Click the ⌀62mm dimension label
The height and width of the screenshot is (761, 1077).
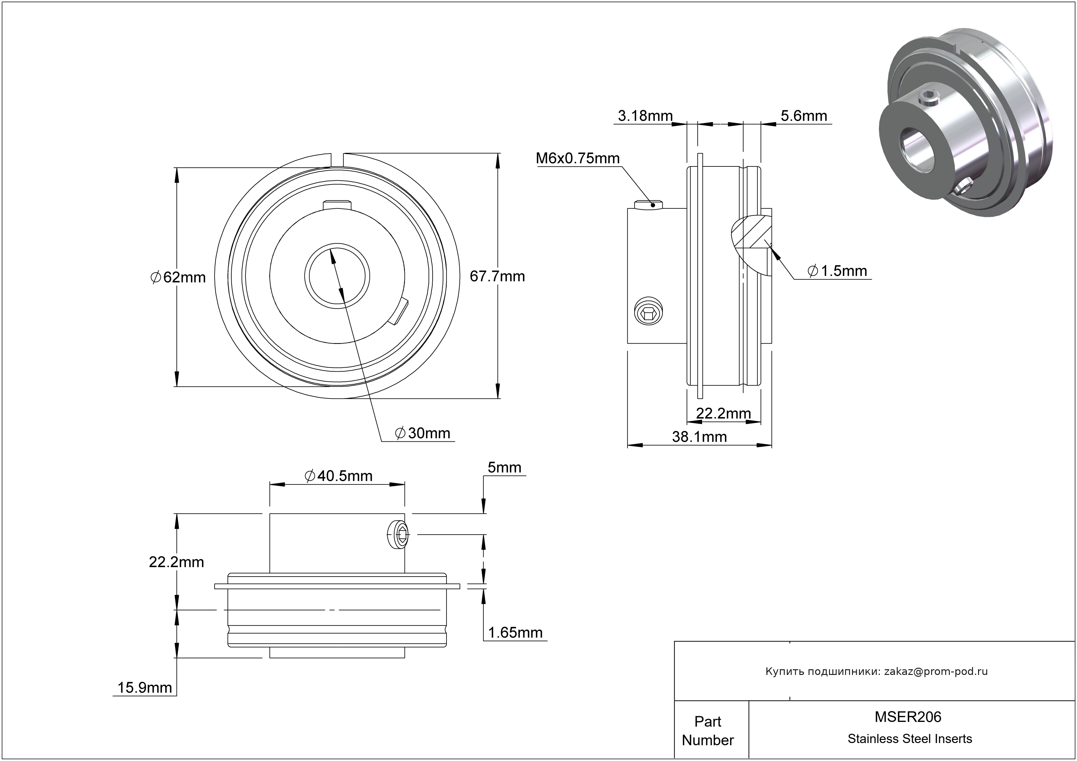[x=178, y=277]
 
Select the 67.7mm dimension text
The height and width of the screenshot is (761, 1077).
[x=497, y=276]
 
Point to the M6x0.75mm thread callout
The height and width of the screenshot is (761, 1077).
[x=578, y=159]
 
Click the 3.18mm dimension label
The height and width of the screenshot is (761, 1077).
[x=645, y=116]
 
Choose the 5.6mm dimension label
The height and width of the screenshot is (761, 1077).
[x=803, y=116]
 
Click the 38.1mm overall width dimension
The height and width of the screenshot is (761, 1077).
[x=700, y=437]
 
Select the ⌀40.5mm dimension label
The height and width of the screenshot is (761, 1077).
[x=338, y=476]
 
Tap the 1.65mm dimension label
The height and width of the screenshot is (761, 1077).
[x=515, y=633]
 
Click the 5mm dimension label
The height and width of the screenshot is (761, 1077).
[x=504, y=468]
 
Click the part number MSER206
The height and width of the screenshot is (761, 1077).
[x=908, y=717]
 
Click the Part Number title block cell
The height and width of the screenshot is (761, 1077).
[x=707, y=730]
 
